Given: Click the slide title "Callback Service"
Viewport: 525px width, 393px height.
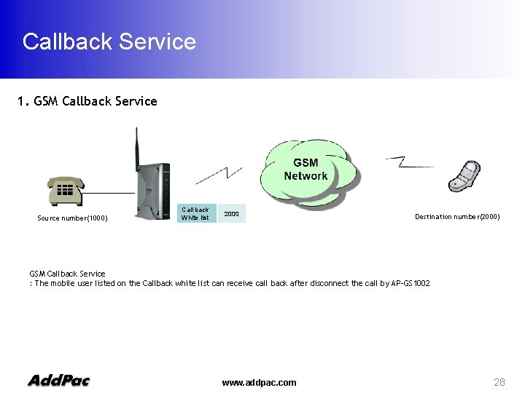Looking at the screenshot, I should click(109, 41).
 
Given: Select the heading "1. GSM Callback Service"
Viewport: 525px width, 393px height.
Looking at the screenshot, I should click(87, 101).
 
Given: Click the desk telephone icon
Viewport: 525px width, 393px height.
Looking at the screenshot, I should click(65, 191).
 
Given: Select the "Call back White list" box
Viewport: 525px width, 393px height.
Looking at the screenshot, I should click(195, 213).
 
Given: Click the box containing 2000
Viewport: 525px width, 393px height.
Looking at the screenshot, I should click(232, 214).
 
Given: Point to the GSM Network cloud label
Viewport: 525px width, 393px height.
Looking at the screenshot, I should click(306, 170).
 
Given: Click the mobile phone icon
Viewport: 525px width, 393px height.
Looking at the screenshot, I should click(464, 177).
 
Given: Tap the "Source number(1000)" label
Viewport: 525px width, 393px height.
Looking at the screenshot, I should click(72, 218).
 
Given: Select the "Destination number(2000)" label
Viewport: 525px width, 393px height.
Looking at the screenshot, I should click(457, 216).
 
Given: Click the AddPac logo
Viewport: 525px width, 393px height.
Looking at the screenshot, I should click(58, 380).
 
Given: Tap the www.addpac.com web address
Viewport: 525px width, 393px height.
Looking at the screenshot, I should click(259, 382).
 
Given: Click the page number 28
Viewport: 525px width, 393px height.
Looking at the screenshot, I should click(499, 382).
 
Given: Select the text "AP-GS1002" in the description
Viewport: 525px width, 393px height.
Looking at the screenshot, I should click(411, 282).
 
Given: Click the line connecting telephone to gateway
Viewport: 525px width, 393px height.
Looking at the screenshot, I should click(109, 192).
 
